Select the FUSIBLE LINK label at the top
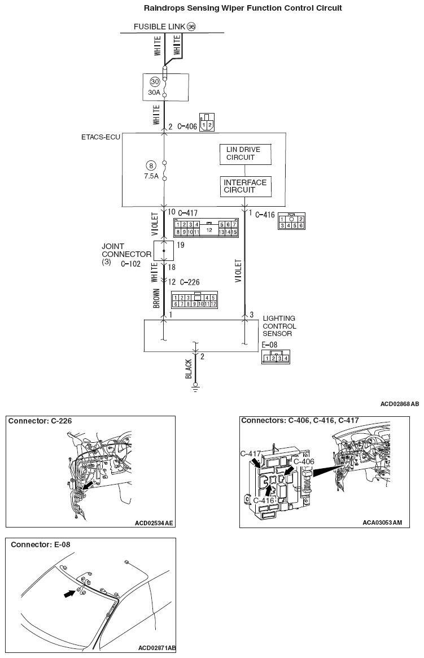[160, 27]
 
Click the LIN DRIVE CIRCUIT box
[244, 154]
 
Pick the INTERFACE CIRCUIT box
[245, 186]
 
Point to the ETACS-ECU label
[101, 137]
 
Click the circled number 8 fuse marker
[150, 165]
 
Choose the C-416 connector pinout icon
[291, 222]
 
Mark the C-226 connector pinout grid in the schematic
[195, 300]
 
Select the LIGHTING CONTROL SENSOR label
[279, 326]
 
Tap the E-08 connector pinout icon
[276, 358]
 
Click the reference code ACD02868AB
[399, 404]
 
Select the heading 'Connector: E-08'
[41, 544]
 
